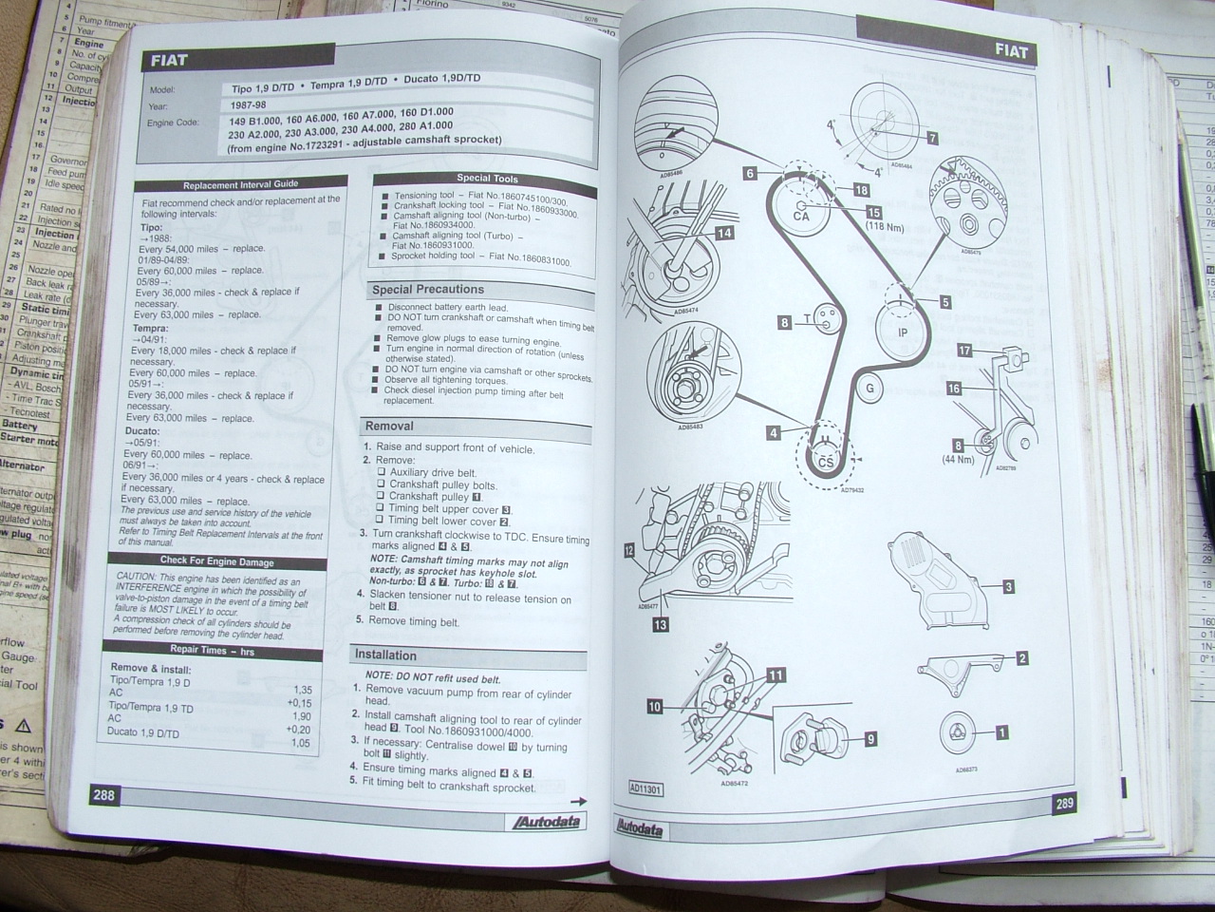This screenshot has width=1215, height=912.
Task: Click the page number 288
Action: pyautogui.click(x=103, y=794)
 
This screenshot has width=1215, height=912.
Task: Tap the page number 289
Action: pyautogui.click(x=1063, y=804)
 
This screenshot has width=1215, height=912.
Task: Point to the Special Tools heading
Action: pyautogui.click(x=487, y=178)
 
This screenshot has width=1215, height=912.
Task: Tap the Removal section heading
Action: pyautogui.click(x=390, y=427)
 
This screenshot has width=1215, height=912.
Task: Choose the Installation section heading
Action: pyautogui.click(x=385, y=655)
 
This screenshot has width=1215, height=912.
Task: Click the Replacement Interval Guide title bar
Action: pyautogui.click(x=239, y=185)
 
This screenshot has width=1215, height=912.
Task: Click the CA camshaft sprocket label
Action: pyautogui.click(x=800, y=216)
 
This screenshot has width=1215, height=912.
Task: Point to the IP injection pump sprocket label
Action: pyautogui.click(x=903, y=332)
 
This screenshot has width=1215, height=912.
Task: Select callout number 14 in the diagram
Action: pyautogui.click(x=723, y=233)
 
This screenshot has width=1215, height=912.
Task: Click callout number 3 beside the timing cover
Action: pyautogui.click(x=1008, y=587)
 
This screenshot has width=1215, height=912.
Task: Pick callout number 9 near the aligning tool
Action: pyautogui.click(x=869, y=738)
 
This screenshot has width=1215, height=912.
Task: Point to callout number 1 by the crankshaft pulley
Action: pyautogui.click(x=1000, y=732)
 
